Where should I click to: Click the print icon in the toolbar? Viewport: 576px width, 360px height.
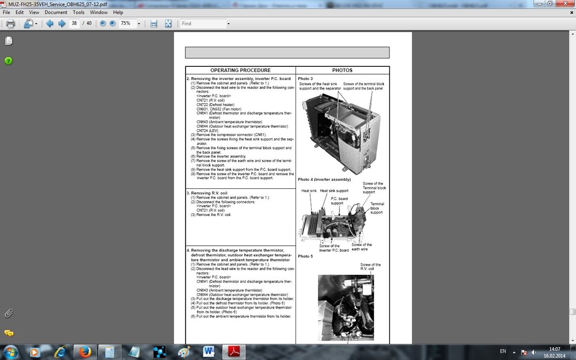coord(10,24)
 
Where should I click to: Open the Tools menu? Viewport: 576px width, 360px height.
coord(78,12)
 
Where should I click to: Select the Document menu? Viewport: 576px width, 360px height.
coord(56,12)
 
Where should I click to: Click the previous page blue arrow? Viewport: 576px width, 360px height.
coord(50,24)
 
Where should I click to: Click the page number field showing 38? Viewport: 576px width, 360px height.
coord(74,24)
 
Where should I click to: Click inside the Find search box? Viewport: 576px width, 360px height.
coord(202,24)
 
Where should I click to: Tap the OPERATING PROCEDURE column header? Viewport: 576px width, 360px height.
coord(240,70)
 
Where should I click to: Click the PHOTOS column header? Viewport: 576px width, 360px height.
coord(342,70)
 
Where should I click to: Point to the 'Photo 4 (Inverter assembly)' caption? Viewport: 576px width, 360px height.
coord(324,179)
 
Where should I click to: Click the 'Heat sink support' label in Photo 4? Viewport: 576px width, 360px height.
coord(334,191)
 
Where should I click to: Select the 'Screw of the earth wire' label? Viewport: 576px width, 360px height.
coord(362,247)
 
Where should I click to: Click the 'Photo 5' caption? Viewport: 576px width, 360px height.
coord(305,256)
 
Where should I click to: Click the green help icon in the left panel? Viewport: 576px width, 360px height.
coord(9,60)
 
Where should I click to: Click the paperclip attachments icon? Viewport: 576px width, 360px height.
coord(9,313)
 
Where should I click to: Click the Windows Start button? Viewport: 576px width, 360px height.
coord(11,351)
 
